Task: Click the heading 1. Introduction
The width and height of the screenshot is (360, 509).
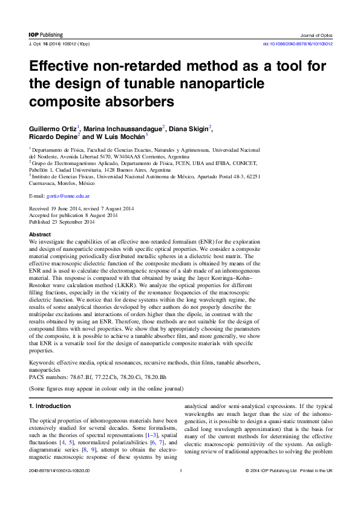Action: (x=50, y=406)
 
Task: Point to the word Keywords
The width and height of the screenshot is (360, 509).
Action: (x=42, y=363)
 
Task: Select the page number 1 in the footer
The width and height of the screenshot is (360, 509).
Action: (x=180, y=470)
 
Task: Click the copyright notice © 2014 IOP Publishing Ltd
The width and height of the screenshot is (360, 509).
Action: (x=271, y=470)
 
